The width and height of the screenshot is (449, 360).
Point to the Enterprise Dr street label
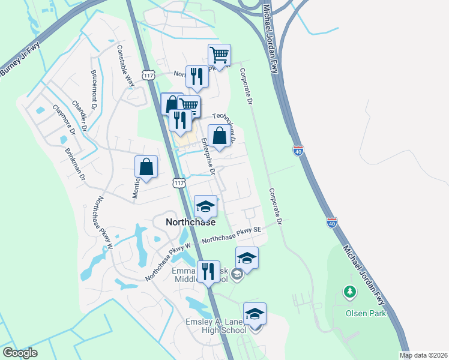[x=208, y=155]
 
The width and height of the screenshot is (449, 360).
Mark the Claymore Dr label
[x=63, y=119]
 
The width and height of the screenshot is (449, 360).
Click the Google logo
[x=20, y=353]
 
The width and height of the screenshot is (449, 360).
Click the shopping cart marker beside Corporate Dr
[x=220, y=56]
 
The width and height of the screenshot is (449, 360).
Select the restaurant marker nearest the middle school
[x=209, y=271]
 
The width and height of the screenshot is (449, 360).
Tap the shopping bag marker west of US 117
[x=146, y=167]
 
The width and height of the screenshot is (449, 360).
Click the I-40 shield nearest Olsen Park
[x=332, y=223]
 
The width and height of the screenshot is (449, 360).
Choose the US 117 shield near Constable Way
[x=149, y=74]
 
